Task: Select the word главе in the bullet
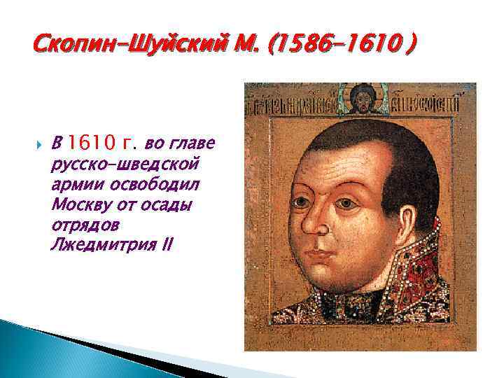click(x=197, y=145)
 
